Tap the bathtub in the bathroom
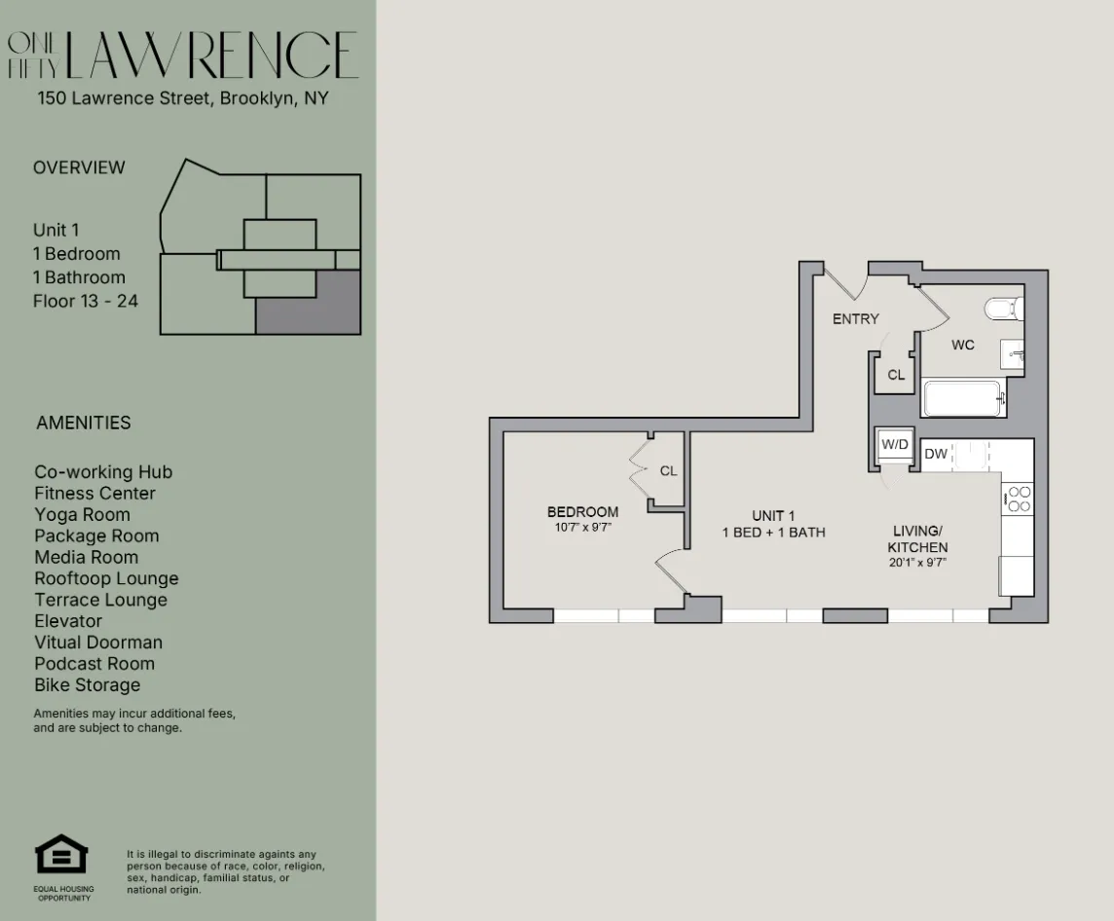pos(962,398)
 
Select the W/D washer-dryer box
pos(893,445)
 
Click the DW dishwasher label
pos(936,454)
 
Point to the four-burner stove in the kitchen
pos(1019,498)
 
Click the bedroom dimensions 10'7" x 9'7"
pos(582,528)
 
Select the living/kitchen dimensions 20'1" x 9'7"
pos(917,563)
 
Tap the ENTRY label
pos(855,318)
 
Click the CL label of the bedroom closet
pos(668,471)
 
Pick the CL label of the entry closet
pos(896,375)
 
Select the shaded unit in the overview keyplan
pos(308,303)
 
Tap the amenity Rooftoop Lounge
pos(106,578)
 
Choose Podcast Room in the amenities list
pos(94,664)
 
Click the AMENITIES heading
pos(83,423)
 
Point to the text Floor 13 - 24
pos(86,301)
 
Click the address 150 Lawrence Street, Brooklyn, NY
pos(183,98)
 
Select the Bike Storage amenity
pos(88,685)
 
